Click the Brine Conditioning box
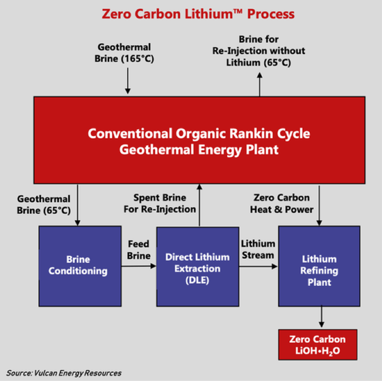[x=80, y=266]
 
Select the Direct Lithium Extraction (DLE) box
[x=198, y=266]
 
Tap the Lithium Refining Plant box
[x=319, y=266]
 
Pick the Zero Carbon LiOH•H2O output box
[x=318, y=345]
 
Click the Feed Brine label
[x=138, y=250]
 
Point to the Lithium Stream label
[x=258, y=249]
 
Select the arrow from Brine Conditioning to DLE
[x=138, y=266]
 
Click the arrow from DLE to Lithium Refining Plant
[x=259, y=266]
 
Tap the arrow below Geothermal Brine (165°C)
[x=128, y=81]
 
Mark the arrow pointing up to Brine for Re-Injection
[x=260, y=85]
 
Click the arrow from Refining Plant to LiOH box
[x=321, y=317]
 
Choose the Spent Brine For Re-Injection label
[x=160, y=203]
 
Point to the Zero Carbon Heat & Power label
[x=282, y=203]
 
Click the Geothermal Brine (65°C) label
[x=44, y=205]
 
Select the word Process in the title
[x=271, y=14]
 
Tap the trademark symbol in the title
[x=237, y=11]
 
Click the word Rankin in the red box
[x=251, y=133]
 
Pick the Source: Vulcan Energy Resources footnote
[x=64, y=373]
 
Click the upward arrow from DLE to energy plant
[x=199, y=206]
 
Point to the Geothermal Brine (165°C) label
[x=124, y=53]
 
